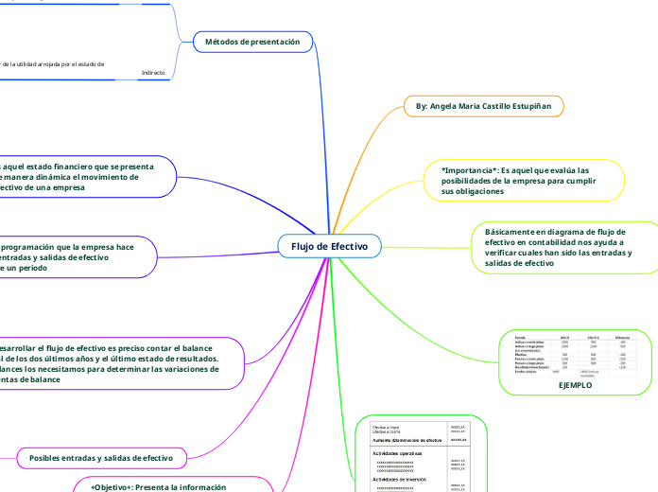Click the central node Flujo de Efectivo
coord(329,247)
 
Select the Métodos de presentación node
coord(251,42)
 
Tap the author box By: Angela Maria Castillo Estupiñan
coord(484,107)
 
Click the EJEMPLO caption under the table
coord(576,385)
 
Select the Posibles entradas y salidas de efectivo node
coord(101,458)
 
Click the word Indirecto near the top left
coord(153,72)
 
